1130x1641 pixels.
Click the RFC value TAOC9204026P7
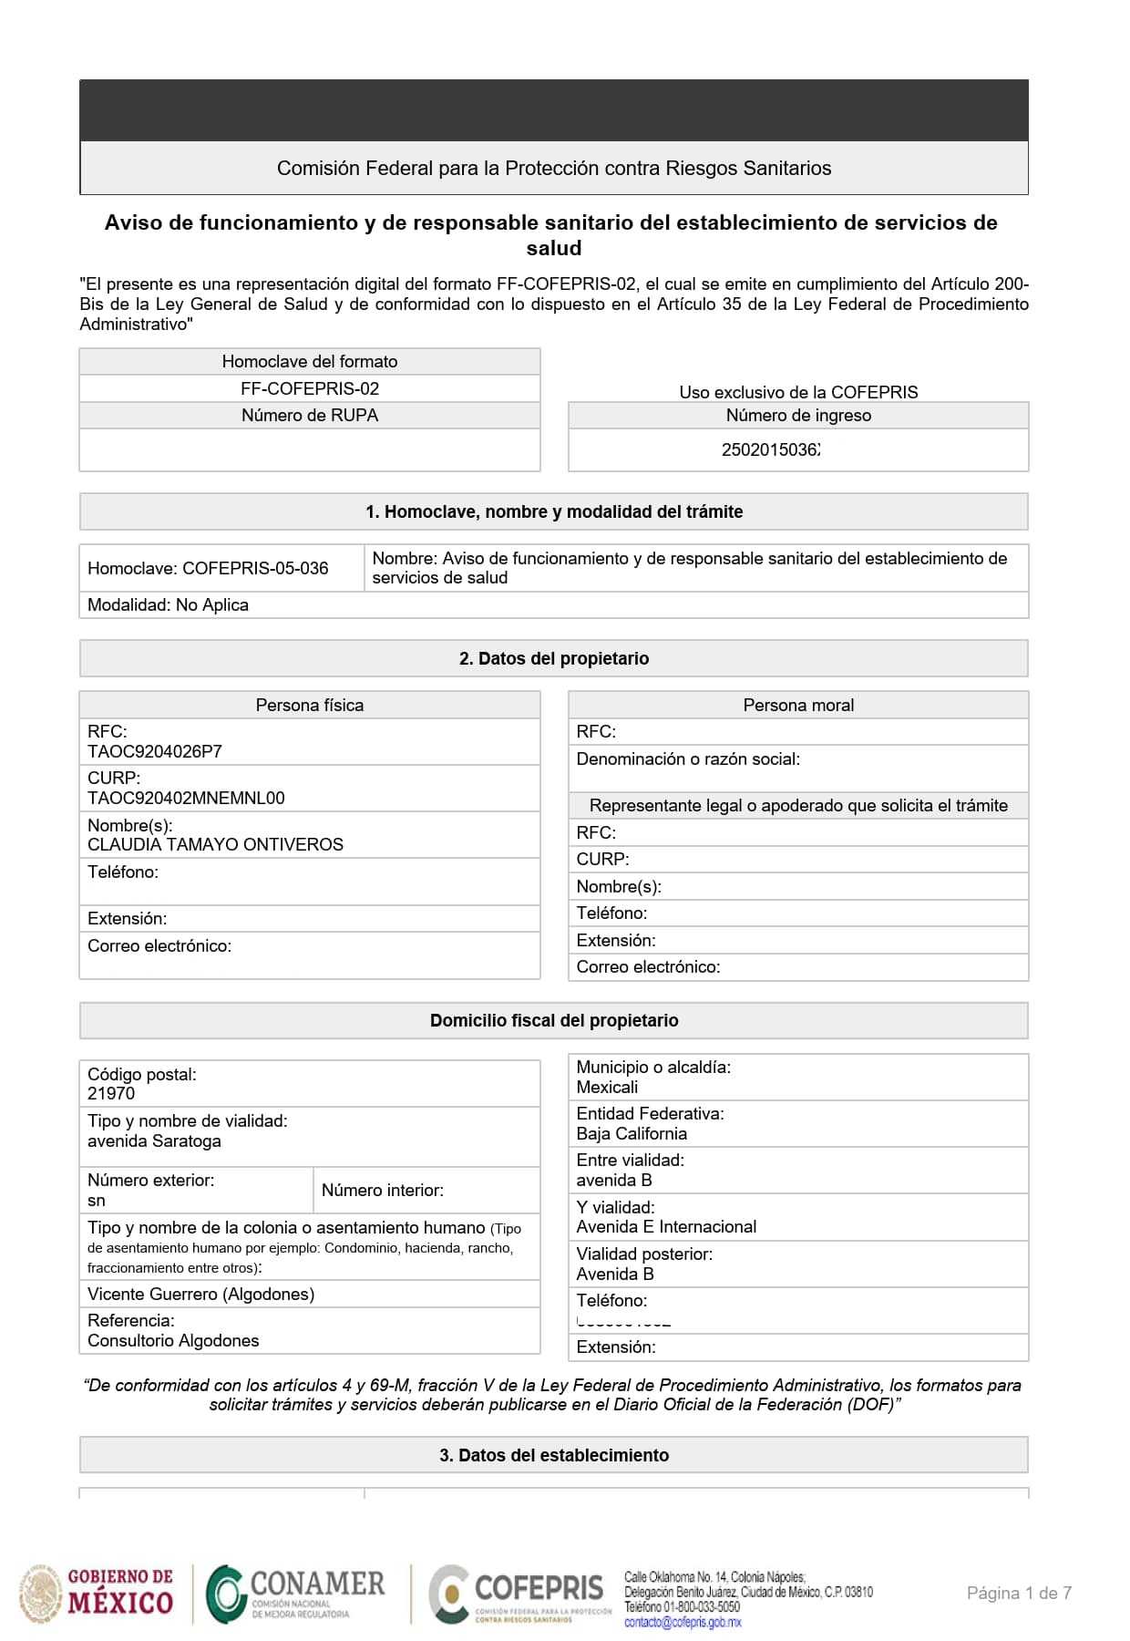tap(155, 752)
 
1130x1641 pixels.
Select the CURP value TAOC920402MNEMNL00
tap(186, 799)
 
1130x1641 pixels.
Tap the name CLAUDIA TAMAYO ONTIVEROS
tap(215, 845)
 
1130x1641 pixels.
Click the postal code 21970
tap(111, 1094)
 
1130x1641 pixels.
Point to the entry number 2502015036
tap(771, 450)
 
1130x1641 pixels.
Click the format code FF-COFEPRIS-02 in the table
tap(310, 389)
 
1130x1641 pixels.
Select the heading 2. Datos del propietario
tap(554, 659)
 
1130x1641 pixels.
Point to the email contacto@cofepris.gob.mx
tap(683, 1623)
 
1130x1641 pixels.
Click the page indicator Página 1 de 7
tap(1019, 1594)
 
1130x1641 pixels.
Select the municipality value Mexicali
tap(607, 1088)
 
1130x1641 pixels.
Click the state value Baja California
tap(632, 1134)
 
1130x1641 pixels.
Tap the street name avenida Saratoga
tap(154, 1141)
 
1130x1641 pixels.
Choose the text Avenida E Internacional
tap(666, 1227)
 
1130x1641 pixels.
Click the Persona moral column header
tap(798, 706)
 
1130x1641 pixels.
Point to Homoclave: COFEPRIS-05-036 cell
tap(208, 569)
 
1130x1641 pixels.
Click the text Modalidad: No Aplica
tap(168, 605)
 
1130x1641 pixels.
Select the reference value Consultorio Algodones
tap(173, 1341)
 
